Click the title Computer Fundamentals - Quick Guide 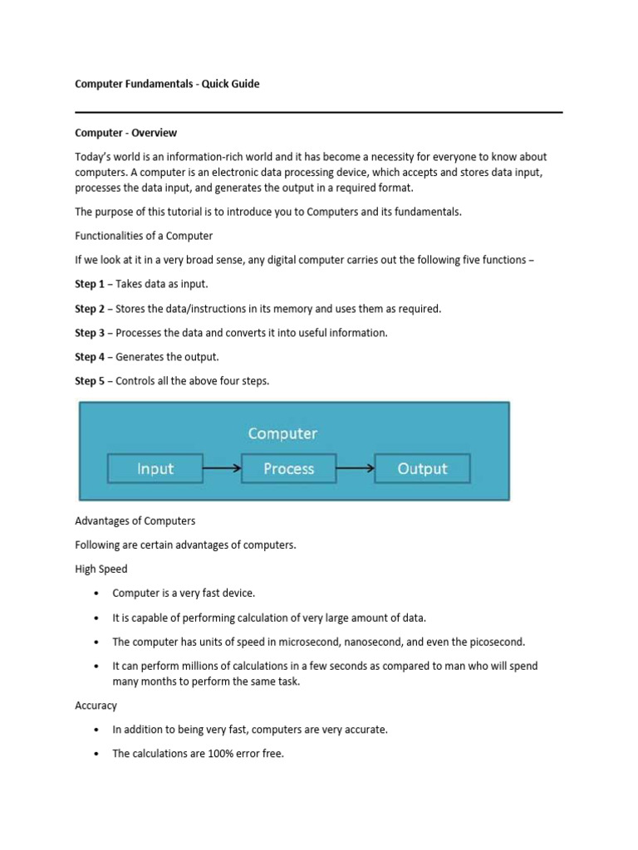click(167, 84)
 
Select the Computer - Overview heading click(125, 133)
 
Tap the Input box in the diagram click(155, 469)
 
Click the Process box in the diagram click(288, 469)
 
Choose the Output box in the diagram click(422, 469)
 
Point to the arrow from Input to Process click(222, 469)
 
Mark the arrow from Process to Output click(356, 469)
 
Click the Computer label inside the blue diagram click(282, 433)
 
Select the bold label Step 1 click(90, 284)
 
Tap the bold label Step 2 click(90, 309)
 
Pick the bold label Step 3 click(90, 333)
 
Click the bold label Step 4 click(90, 357)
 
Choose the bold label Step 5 click(90, 381)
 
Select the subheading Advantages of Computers click(135, 520)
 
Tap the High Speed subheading click(101, 569)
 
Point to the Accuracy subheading click(96, 706)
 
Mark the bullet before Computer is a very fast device click(96, 594)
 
